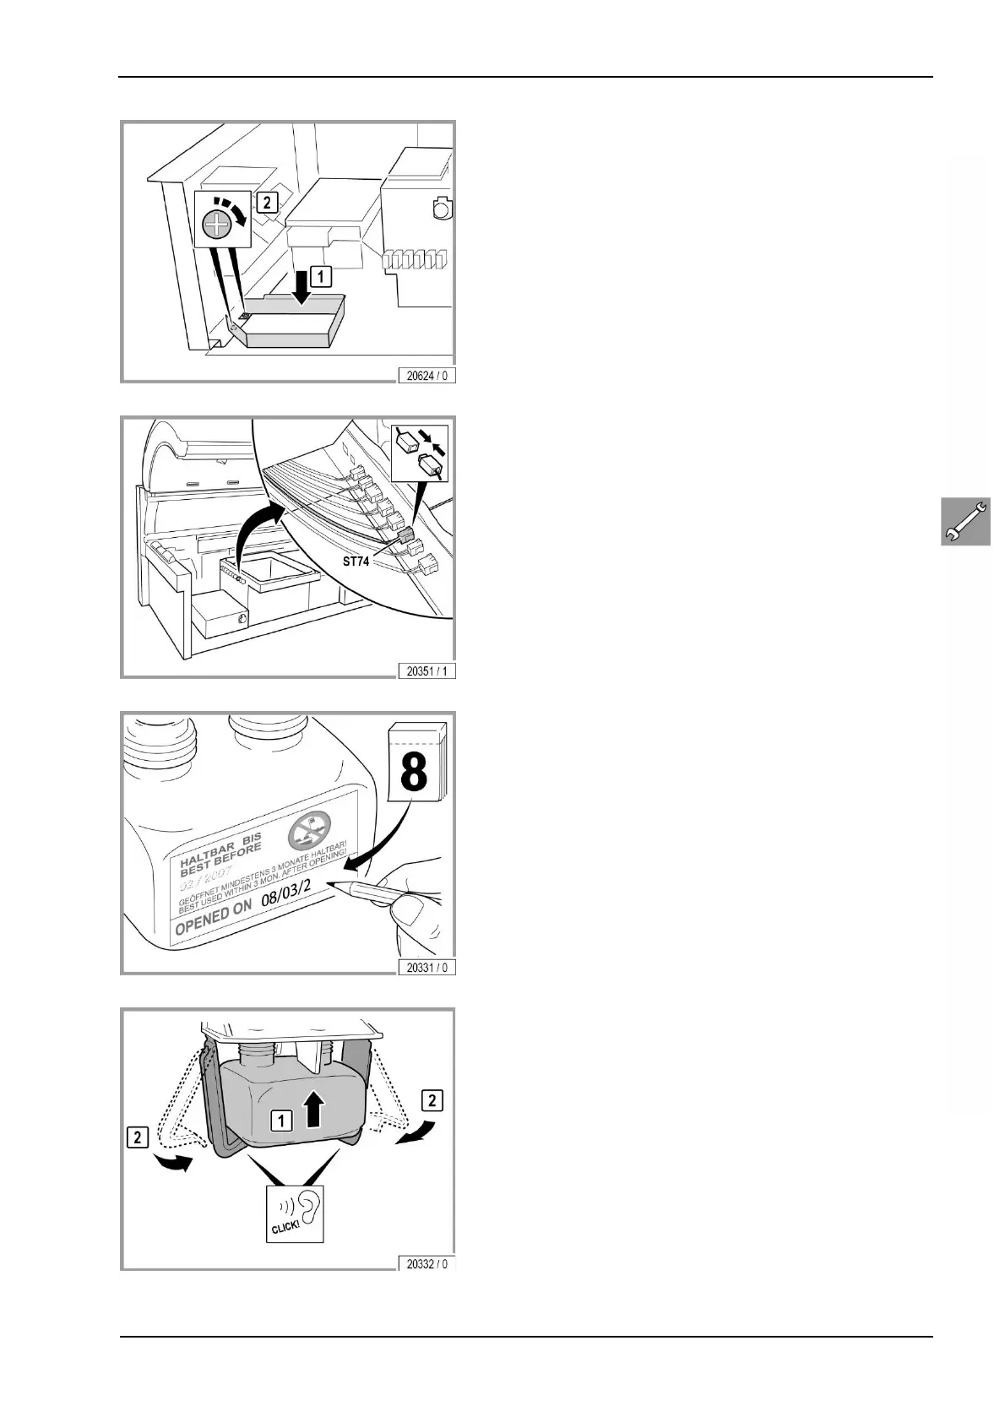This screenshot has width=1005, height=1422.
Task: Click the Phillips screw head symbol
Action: click(218, 224)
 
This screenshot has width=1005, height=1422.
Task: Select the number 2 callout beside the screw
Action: click(265, 203)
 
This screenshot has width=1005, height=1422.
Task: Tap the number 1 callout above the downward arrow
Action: click(320, 274)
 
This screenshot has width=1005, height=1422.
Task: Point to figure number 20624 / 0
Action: click(426, 375)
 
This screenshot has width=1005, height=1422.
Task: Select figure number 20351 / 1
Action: click(426, 671)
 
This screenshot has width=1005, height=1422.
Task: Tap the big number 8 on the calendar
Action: click(413, 770)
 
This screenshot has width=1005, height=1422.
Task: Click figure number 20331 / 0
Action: click(426, 967)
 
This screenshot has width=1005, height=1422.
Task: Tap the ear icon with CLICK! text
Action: click(295, 1213)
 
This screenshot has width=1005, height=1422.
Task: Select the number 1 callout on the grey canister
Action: click(280, 1120)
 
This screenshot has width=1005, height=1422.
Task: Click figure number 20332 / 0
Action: click(426, 1263)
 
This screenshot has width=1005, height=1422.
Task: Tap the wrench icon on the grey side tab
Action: click(966, 521)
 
